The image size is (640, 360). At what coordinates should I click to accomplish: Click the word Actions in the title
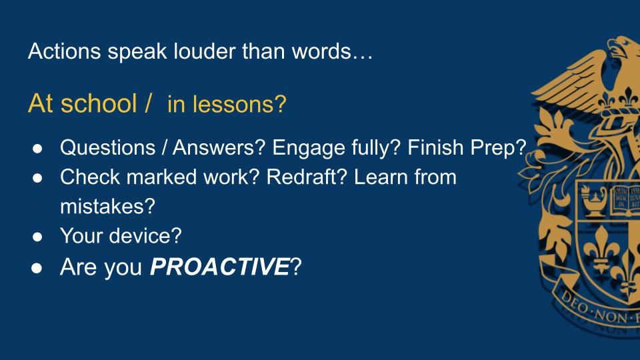(x=65, y=51)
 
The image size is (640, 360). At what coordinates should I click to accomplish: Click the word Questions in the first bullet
(x=108, y=147)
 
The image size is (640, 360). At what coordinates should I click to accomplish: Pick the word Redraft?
(x=307, y=177)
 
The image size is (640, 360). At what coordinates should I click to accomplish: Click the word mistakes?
(x=108, y=206)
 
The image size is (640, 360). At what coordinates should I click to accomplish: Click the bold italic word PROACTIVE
(x=219, y=267)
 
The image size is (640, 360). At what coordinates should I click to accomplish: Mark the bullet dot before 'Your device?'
(x=37, y=237)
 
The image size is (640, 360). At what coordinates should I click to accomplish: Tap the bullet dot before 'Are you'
(x=37, y=268)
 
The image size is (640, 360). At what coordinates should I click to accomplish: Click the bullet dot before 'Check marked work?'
(x=37, y=178)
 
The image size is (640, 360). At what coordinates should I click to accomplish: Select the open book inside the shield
(x=625, y=199)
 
